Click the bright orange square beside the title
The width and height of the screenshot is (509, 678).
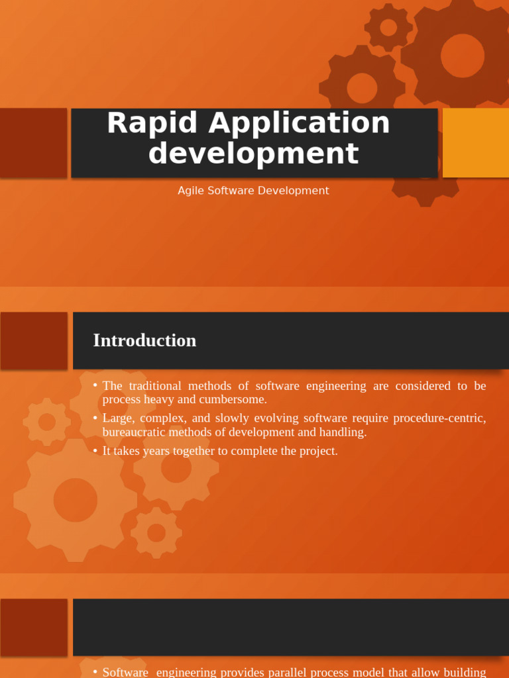coord(475,143)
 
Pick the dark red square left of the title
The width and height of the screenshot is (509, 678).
coord(33,143)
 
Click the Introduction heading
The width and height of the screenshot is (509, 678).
coord(144,340)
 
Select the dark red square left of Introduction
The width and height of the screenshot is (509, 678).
coord(34,340)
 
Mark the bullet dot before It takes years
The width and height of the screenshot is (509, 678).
coord(95,450)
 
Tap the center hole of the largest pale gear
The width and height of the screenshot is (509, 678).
coord(75,500)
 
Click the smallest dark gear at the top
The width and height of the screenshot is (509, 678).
coord(388,27)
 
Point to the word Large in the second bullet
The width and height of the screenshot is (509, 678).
coord(117,418)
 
